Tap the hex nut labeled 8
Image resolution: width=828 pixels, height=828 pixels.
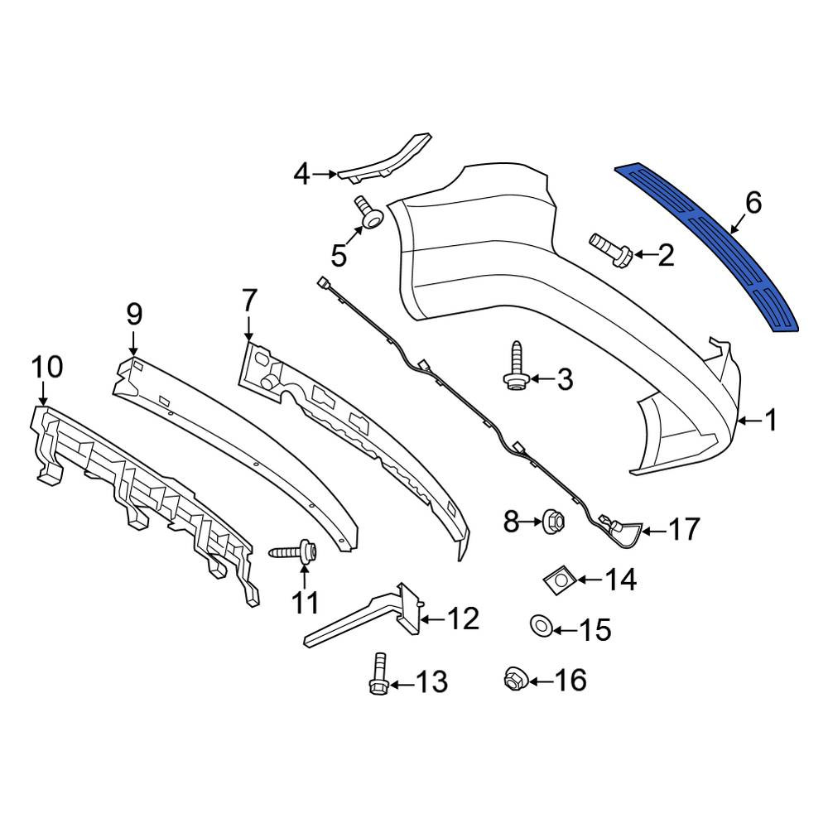[553, 522]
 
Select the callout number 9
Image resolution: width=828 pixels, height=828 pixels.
[134, 315]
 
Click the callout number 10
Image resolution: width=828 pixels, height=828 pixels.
[47, 367]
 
